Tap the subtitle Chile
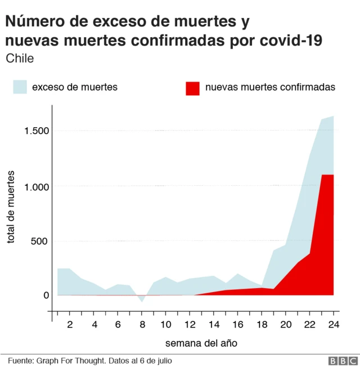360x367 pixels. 20,59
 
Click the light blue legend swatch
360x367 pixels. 20,87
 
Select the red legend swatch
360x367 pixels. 192,87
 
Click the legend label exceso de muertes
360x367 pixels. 74,87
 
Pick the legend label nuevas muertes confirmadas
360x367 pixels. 270,87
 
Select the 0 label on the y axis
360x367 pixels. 46,295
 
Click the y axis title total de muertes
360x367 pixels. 11,207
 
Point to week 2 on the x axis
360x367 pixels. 70,325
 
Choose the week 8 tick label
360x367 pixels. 142,325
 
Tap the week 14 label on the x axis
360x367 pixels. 214,325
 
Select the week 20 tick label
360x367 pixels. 286,325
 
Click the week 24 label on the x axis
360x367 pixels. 334,325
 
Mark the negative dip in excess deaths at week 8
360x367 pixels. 142,300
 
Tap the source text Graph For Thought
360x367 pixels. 68,360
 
